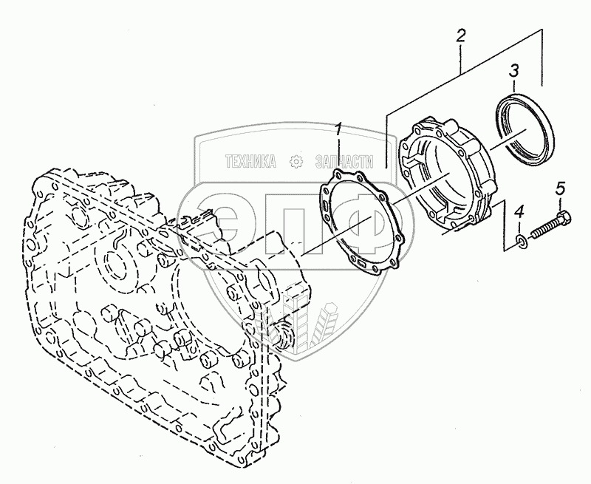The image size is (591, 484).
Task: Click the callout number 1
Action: [339, 130]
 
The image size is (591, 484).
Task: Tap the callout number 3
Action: [513, 72]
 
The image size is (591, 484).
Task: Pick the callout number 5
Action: [559, 188]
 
